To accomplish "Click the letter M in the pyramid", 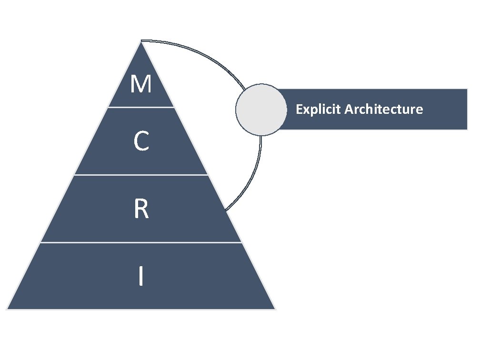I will [x=141, y=85].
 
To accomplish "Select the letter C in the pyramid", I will [x=141, y=142].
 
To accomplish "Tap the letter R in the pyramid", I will [x=141, y=210].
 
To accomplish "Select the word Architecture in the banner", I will [x=384, y=110].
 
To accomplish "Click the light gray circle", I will [x=260, y=110].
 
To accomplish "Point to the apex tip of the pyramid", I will [x=141, y=41].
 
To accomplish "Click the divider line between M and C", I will [x=141, y=107].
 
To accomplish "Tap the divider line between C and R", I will [x=141, y=175].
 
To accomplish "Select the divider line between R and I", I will [x=141, y=242].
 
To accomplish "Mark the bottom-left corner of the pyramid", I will [x=7, y=309].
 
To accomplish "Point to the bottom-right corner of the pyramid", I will [x=275, y=309].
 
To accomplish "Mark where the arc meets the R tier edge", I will [x=225, y=210].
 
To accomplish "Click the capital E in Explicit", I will [x=299, y=110].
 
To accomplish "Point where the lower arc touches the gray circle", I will [x=260, y=135].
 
